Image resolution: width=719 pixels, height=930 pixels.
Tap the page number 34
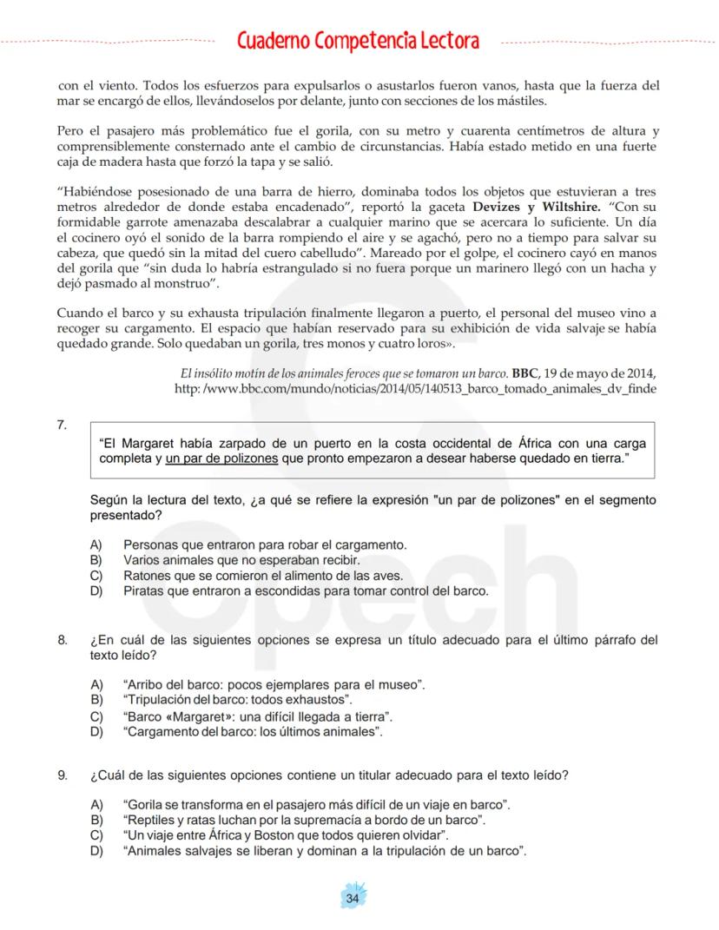tap(352, 898)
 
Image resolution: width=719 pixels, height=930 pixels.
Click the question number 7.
tap(62, 425)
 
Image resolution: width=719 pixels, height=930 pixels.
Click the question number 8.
tap(62, 641)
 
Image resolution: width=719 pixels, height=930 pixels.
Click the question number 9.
tap(62, 774)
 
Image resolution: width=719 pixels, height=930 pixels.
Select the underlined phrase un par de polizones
tap(221, 458)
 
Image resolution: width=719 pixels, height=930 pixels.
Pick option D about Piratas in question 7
tap(306, 590)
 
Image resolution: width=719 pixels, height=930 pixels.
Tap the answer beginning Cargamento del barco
tap(253, 732)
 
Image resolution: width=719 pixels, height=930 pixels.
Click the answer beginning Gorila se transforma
tap(316, 805)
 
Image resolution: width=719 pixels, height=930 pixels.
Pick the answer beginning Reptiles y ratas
tap(304, 820)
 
